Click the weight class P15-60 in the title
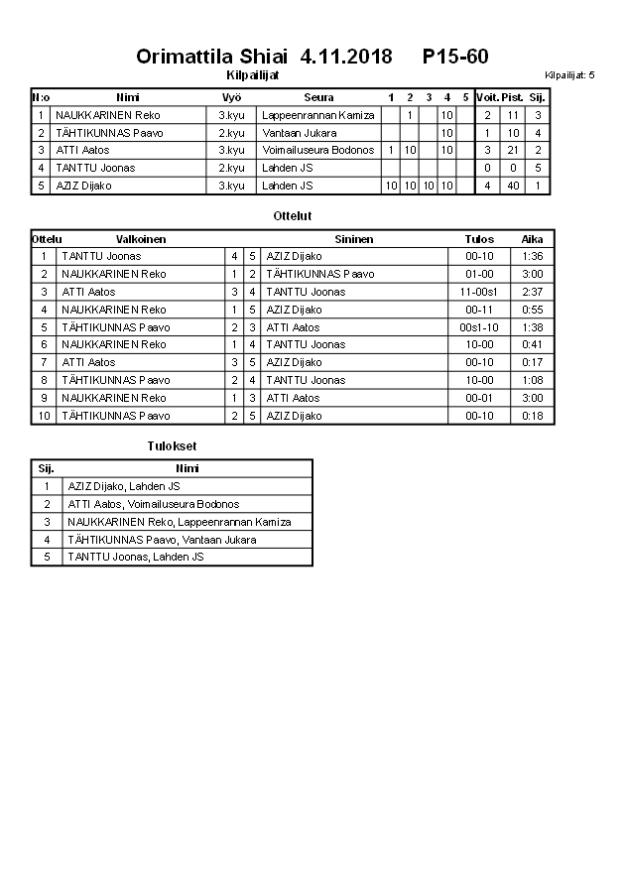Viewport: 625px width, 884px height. (454, 57)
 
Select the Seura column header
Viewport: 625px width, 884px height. (317, 97)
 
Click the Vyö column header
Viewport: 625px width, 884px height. (231, 97)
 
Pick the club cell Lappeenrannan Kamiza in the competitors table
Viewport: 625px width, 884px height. (317, 115)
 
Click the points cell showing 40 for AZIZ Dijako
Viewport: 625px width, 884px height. (513, 186)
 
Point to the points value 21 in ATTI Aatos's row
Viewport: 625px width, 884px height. (513, 150)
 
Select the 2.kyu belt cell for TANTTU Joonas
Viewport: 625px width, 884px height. (231, 168)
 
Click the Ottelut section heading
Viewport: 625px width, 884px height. (292, 215)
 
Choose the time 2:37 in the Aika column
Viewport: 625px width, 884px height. (532, 292)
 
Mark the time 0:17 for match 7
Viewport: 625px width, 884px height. (532, 363)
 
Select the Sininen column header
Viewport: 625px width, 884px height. (354, 239)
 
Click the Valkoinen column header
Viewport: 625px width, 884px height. (141, 239)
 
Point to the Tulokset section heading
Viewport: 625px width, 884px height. (172, 446)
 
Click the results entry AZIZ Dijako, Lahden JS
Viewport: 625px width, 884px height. (124, 486)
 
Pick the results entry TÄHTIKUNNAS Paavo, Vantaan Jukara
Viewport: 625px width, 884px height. (162, 540)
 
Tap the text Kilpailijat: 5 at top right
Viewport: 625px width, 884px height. (569, 75)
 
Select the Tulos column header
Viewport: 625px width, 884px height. (478, 239)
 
